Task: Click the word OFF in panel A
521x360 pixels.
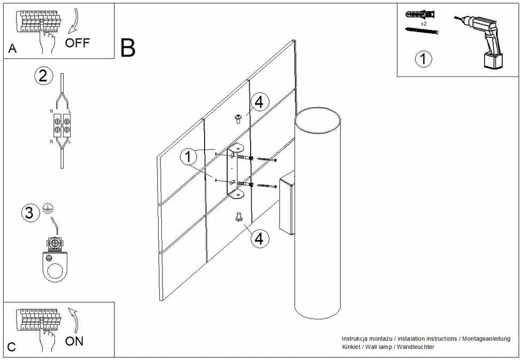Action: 77,43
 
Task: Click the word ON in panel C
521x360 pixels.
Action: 74,341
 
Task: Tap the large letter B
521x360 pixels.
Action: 128,48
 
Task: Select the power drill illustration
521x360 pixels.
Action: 480,41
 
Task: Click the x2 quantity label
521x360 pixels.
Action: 424,24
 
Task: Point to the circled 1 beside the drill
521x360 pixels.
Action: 423,59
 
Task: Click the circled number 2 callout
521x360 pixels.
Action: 43,76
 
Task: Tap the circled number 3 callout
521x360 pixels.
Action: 29,213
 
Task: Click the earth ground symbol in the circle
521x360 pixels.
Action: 49,208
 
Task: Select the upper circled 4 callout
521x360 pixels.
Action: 259,102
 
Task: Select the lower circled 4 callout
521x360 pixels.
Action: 260,238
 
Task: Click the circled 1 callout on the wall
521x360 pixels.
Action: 189,156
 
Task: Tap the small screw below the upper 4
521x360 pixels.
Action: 238,119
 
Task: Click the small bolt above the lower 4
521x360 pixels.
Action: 238,217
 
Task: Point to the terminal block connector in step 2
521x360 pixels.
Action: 62,126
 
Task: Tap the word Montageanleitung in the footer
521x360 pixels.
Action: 486,339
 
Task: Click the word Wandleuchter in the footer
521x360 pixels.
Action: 416,347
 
